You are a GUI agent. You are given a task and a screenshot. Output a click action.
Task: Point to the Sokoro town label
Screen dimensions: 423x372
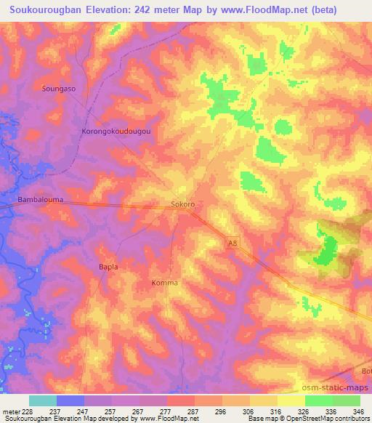[x=182, y=205]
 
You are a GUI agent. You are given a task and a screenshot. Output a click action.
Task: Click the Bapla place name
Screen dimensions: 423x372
[x=108, y=267]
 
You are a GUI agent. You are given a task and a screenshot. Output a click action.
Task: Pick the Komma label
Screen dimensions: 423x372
[x=164, y=283]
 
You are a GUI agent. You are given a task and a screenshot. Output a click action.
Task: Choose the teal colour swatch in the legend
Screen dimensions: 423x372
[x=42, y=400]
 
